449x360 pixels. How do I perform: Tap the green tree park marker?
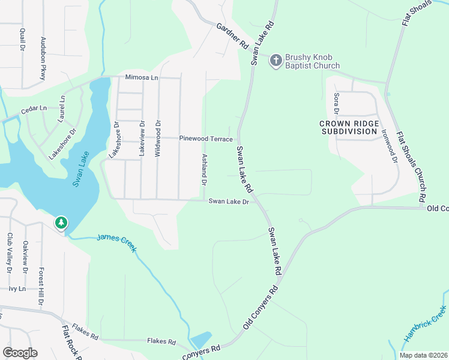[61, 223]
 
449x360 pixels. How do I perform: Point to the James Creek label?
[116, 243]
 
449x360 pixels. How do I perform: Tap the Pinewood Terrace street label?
[206, 139]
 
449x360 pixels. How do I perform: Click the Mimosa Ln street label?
[141, 77]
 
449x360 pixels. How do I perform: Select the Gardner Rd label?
[232, 36]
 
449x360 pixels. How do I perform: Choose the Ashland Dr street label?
[204, 168]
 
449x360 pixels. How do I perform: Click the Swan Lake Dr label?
[229, 202]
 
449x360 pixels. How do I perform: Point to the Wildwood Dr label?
[158, 139]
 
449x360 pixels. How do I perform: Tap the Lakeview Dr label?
[142, 139]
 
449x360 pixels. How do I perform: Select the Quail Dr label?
[22, 39]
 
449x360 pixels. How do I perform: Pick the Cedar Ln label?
[34, 109]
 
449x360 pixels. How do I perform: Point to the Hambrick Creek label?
[425, 324]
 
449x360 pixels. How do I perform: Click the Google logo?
[20, 353]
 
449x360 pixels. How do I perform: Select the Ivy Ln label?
[17, 289]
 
